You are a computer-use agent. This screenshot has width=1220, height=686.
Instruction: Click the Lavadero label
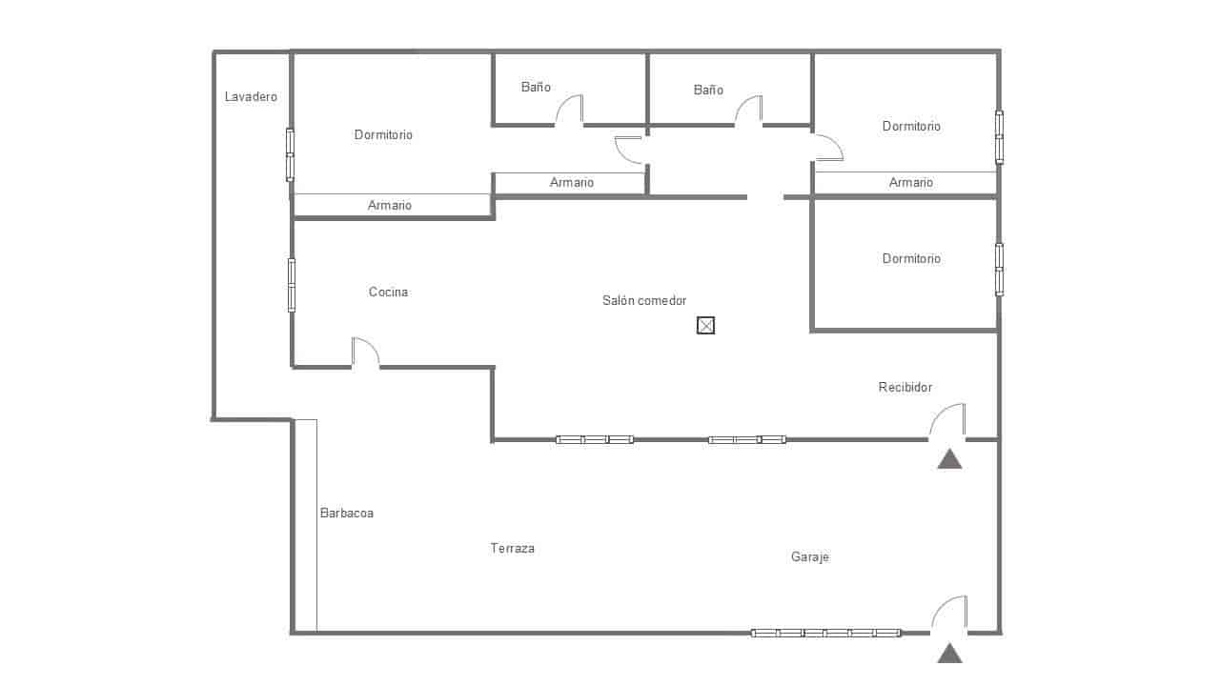tap(251, 97)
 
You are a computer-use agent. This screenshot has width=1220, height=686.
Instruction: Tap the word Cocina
tap(388, 293)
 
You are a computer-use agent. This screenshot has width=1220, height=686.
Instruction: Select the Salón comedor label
tap(644, 301)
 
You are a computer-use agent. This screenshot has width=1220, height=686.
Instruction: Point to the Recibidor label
tap(905, 388)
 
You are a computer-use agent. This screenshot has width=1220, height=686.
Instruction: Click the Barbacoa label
tap(346, 514)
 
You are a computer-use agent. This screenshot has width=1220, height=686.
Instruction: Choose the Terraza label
tap(513, 549)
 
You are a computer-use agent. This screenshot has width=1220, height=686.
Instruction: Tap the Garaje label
tap(809, 557)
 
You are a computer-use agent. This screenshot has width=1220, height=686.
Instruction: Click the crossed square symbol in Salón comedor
tap(705, 326)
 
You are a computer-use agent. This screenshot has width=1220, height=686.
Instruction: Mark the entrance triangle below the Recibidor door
tap(949, 459)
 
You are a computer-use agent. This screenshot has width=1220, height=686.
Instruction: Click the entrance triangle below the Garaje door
tap(949, 654)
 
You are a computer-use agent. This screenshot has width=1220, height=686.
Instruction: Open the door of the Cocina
tap(364, 352)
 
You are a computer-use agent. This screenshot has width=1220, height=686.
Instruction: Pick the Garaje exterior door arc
tap(949, 613)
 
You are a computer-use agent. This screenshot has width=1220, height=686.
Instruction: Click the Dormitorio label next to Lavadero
tap(383, 135)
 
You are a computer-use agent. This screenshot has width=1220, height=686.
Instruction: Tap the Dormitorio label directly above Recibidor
tap(911, 259)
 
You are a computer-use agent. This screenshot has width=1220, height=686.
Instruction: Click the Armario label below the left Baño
tap(572, 183)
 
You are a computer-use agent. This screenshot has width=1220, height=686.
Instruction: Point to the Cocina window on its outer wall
tap(292, 285)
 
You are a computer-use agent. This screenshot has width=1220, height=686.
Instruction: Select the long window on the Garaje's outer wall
tap(825, 633)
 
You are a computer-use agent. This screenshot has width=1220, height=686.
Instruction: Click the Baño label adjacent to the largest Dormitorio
tap(536, 88)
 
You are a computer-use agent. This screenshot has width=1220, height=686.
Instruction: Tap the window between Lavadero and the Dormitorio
tap(290, 154)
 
